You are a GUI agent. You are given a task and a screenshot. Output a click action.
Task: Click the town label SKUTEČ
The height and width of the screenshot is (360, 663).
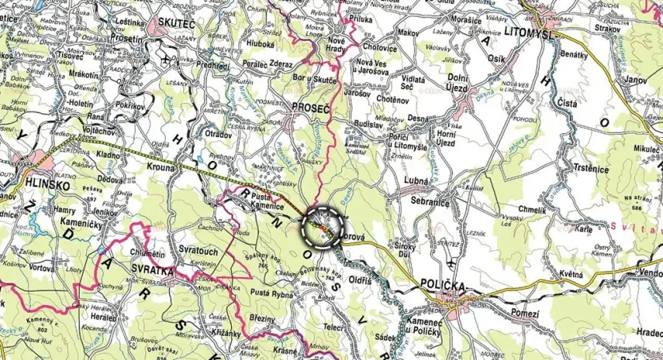tap(176, 25)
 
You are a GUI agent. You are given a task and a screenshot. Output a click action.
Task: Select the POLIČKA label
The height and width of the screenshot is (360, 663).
tap(444, 286)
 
